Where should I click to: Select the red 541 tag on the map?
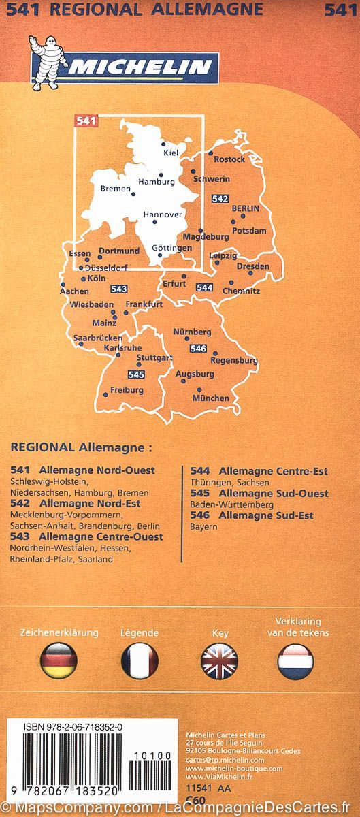point(85,121)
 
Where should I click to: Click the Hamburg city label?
point(157,182)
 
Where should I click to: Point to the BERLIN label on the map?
point(246,208)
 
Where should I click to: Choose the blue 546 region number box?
point(198,349)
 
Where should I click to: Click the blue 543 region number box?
point(118,289)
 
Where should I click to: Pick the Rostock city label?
point(229,159)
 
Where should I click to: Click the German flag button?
point(59,660)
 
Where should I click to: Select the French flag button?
point(140,660)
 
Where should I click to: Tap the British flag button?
point(220,660)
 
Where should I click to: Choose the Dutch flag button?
point(295,660)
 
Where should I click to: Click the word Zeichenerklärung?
point(59,632)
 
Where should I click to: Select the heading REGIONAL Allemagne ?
point(82,448)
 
